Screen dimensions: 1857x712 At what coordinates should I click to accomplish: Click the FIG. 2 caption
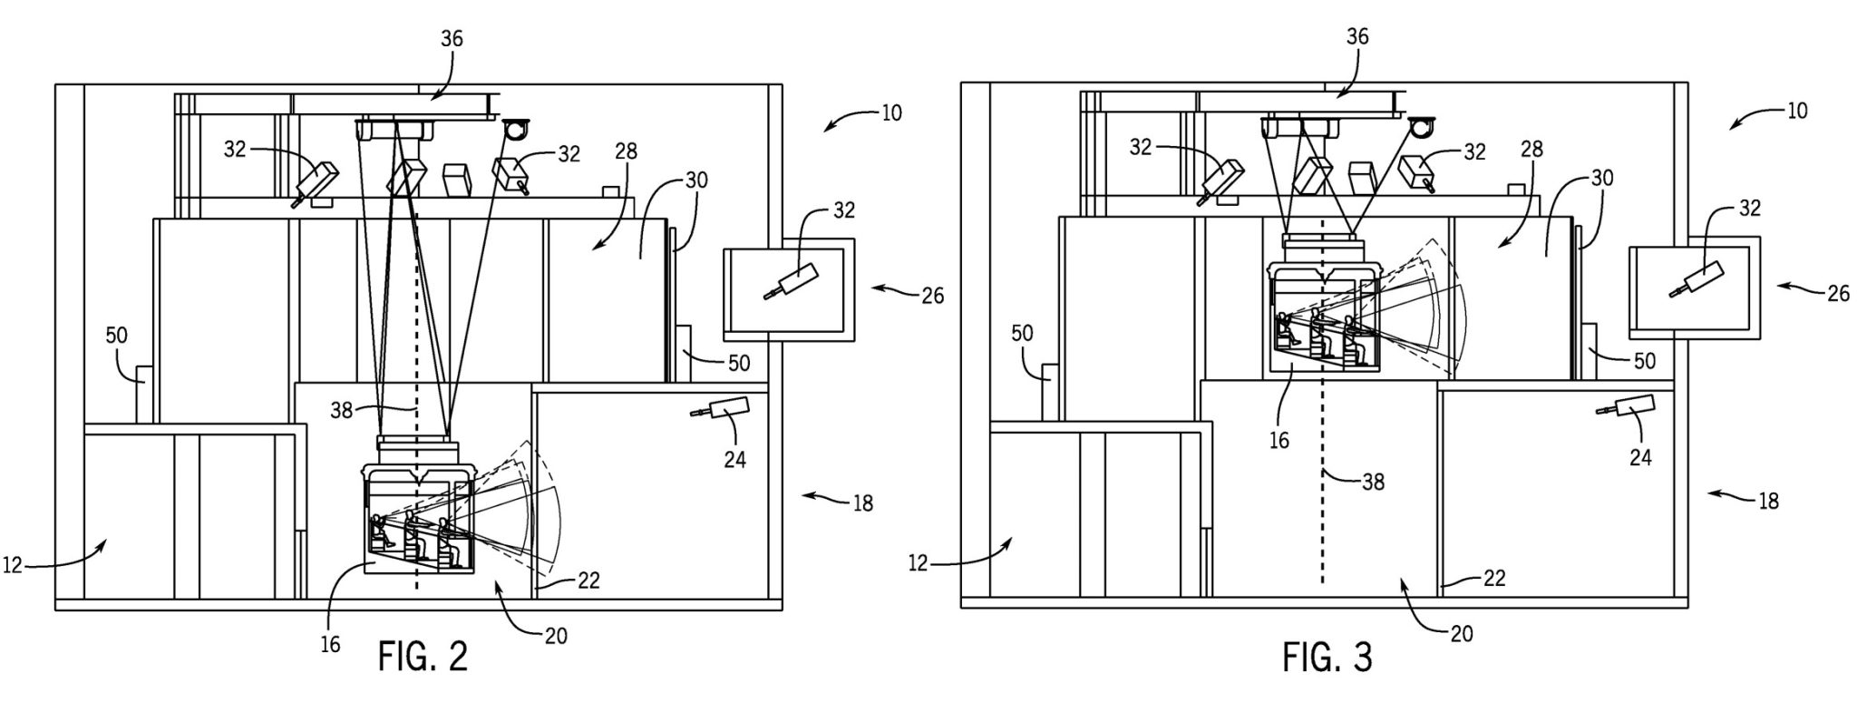(423, 656)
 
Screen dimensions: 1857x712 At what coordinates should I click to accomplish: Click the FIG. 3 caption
(1327, 656)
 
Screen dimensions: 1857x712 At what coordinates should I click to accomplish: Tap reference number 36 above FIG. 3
(1356, 37)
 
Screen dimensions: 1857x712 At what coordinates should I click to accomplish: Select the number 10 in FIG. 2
(891, 112)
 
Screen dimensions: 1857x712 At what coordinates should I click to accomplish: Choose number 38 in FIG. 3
(1373, 482)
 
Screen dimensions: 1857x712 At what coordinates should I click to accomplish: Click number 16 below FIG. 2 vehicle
(330, 644)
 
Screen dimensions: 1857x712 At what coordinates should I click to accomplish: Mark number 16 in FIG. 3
(1279, 441)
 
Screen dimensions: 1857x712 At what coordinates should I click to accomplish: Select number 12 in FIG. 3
(918, 563)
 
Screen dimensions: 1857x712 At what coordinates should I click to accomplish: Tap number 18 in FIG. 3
(1768, 501)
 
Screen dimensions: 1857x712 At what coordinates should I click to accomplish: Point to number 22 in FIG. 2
(588, 580)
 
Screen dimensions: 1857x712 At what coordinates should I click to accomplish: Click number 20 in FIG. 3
(1462, 634)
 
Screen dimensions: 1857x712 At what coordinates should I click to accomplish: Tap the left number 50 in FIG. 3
(1022, 334)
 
